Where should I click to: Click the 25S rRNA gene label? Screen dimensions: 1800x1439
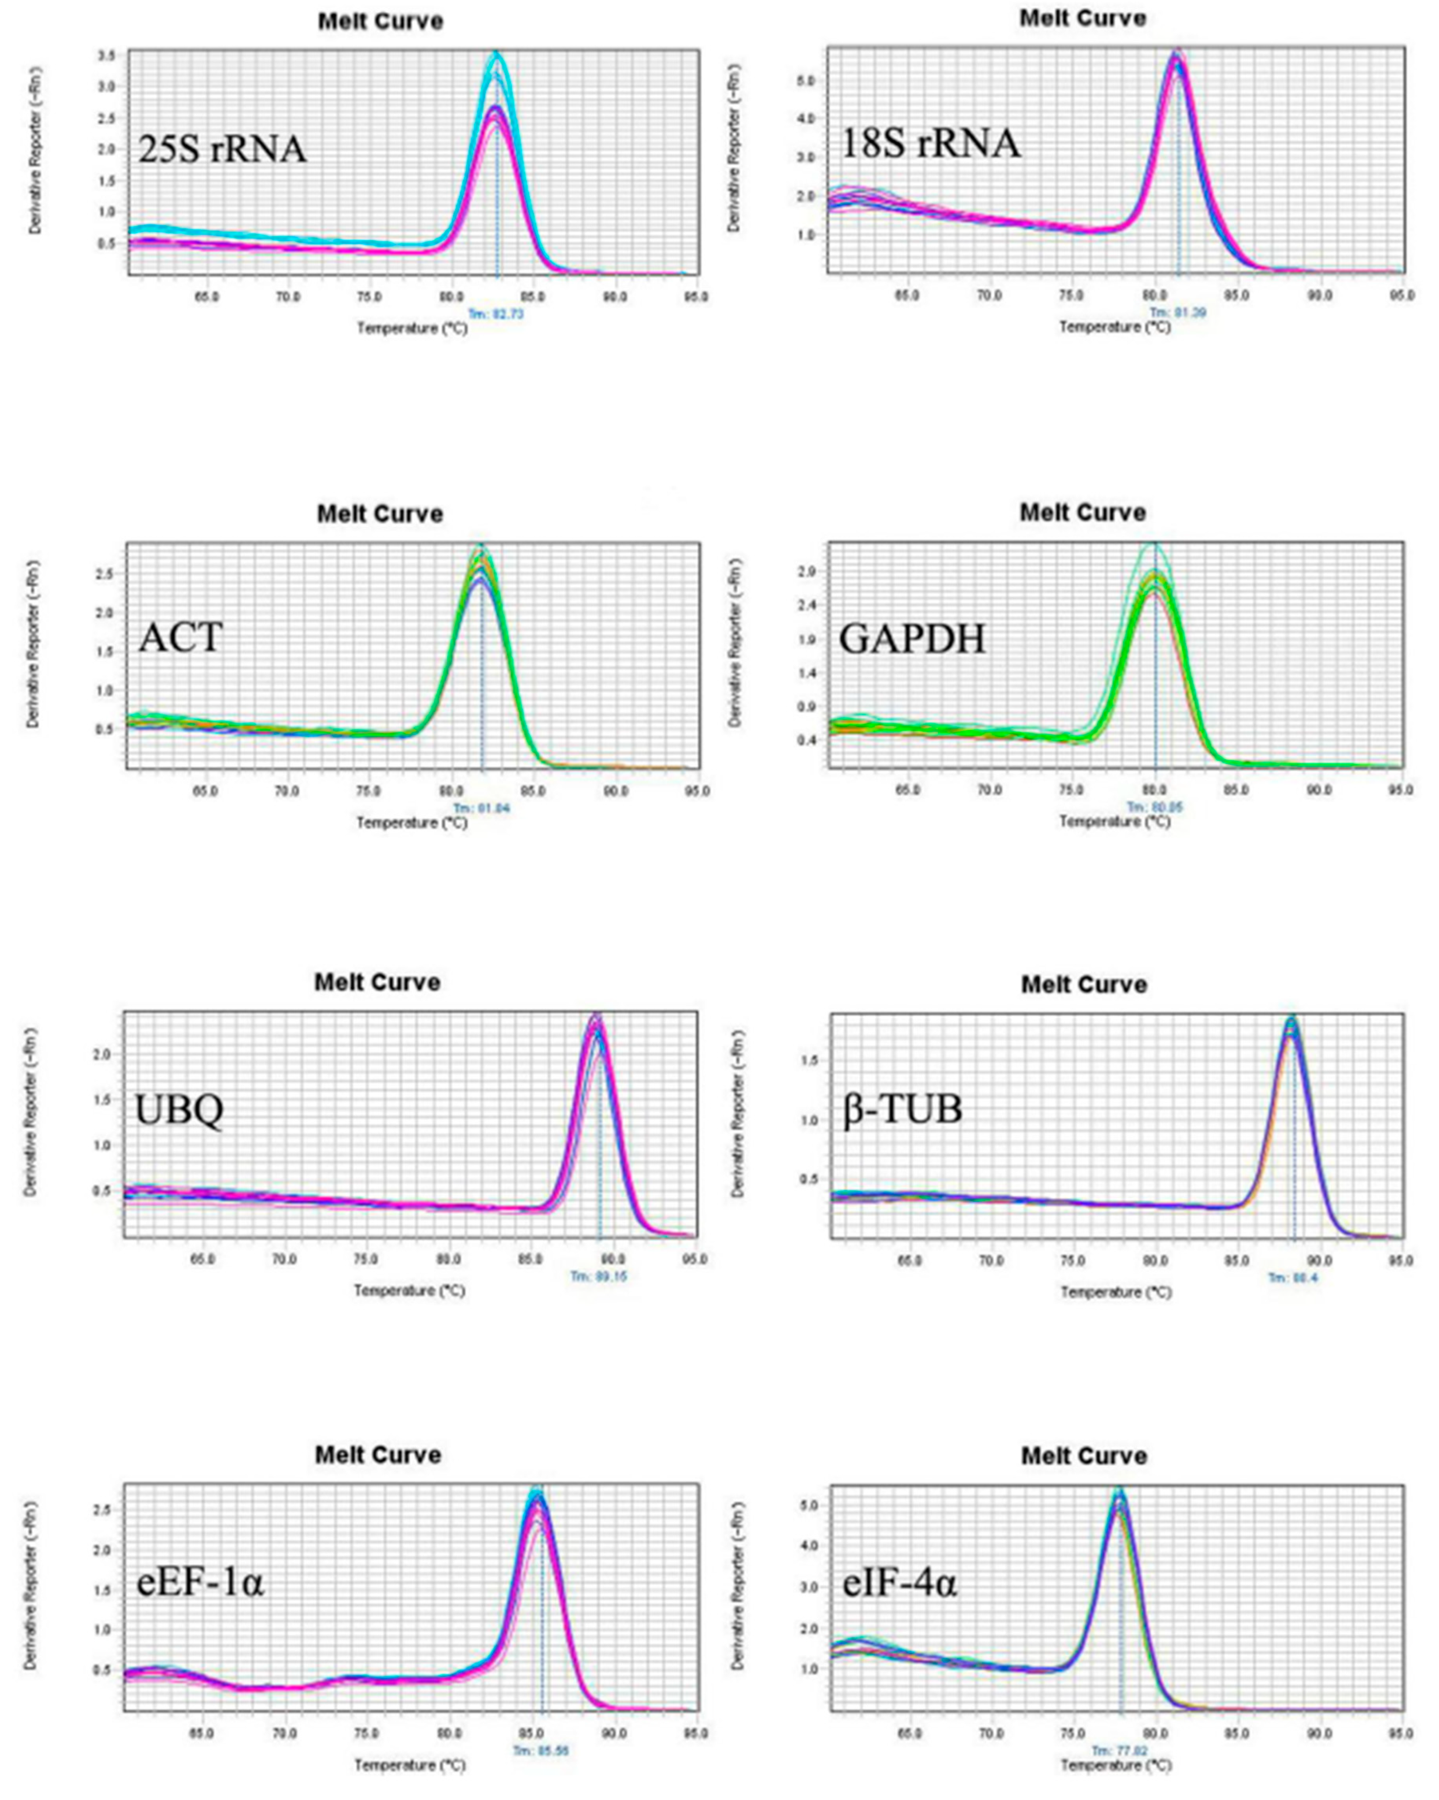coord(222,150)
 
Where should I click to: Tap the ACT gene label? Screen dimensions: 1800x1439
coord(180,638)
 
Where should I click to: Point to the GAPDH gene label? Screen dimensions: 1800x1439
coord(912,640)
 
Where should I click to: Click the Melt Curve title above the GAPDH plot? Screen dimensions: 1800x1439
coord(1083,513)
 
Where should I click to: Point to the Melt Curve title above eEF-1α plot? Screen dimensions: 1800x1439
coord(378,1455)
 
